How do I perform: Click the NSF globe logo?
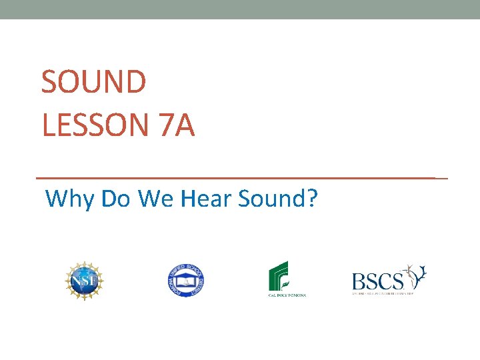[x=85, y=281]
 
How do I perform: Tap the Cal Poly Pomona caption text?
[x=287, y=295]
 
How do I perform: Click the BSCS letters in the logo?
[x=377, y=280]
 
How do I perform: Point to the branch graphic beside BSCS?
[x=416, y=275]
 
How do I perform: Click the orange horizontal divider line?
[x=240, y=178]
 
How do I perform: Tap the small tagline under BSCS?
[x=383, y=293]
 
